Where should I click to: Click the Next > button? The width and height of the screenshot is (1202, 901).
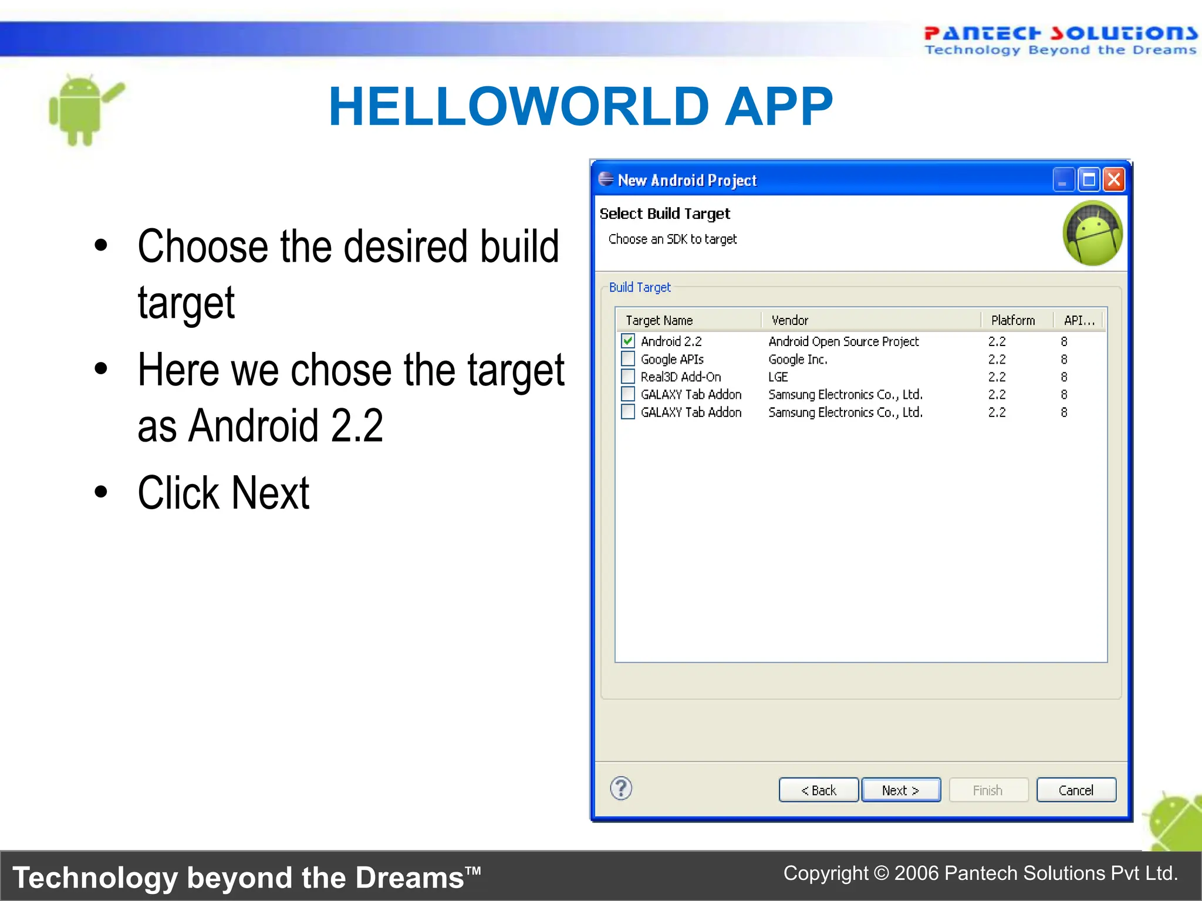click(900, 790)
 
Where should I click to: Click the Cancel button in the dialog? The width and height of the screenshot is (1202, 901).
click(1076, 790)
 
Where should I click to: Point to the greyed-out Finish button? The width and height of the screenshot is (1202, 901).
click(988, 790)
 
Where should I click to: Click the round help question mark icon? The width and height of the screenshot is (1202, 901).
click(621, 788)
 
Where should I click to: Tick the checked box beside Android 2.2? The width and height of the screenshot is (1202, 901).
click(628, 341)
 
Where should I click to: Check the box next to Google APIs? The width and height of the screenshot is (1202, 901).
click(628, 358)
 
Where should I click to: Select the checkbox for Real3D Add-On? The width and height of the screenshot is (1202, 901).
click(628, 376)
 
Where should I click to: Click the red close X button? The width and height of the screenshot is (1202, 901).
click(1113, 179)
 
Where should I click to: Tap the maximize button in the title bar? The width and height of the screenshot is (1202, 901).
click(1089, 179)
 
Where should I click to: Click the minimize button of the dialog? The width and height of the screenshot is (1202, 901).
click(1063, 179)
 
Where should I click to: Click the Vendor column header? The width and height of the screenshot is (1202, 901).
click(789, 320)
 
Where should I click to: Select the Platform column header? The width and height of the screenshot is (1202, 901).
click(1013, 320)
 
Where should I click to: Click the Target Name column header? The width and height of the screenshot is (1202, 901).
click(659, 320)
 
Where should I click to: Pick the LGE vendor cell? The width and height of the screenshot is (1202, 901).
click(778, 377)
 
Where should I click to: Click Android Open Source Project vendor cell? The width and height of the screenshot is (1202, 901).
click(843, 341)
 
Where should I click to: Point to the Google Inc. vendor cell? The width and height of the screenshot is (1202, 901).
click(798, 359)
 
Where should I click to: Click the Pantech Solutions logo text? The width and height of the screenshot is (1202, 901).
click(1060, 34)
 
